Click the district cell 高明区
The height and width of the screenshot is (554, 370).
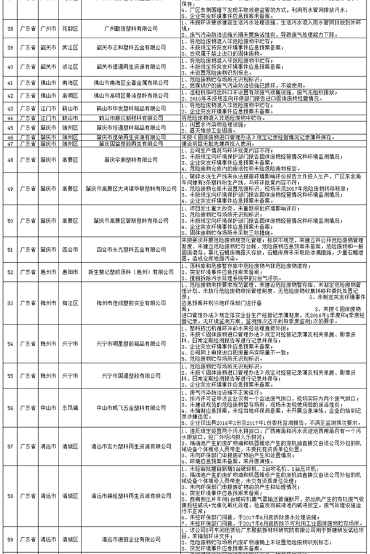(71, 95)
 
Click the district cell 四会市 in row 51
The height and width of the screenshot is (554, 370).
(71, 249)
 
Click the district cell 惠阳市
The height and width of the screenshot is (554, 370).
(71, 271)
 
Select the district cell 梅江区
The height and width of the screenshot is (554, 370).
(71, 302)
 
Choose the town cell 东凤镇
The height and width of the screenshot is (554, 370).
(71, 406)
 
